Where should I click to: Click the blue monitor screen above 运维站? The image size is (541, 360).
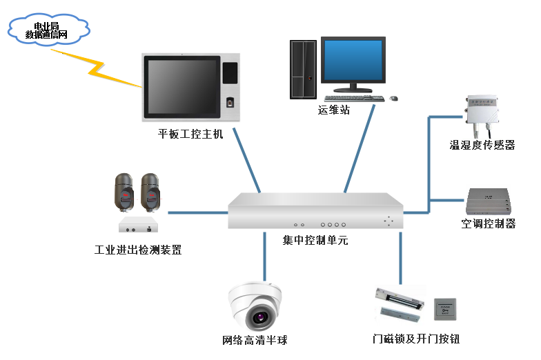353,61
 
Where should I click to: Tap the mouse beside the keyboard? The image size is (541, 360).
394,98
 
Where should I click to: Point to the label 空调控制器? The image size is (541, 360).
489,223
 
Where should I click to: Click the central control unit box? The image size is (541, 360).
315,211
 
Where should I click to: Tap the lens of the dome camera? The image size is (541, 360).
260,318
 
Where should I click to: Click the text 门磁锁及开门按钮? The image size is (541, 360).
415,339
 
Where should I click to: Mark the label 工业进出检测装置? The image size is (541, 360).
138,250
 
